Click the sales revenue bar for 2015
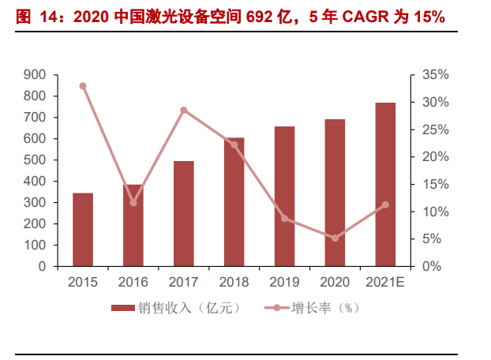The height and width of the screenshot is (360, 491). coord(83,230)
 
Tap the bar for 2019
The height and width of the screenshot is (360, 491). coord(284,197)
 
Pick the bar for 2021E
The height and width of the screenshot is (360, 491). coord(385,185)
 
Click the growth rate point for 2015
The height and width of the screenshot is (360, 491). coord(83,86)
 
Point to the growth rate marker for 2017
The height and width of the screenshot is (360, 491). coord(183,110)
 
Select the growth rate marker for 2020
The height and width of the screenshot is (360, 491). coord(335,238)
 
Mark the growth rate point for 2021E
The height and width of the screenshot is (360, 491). coord(385,204)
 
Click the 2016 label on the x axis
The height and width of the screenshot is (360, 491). coord(133,281)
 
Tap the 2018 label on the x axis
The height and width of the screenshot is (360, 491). coord(234,281)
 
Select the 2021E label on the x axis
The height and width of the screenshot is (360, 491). coord(385,281)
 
